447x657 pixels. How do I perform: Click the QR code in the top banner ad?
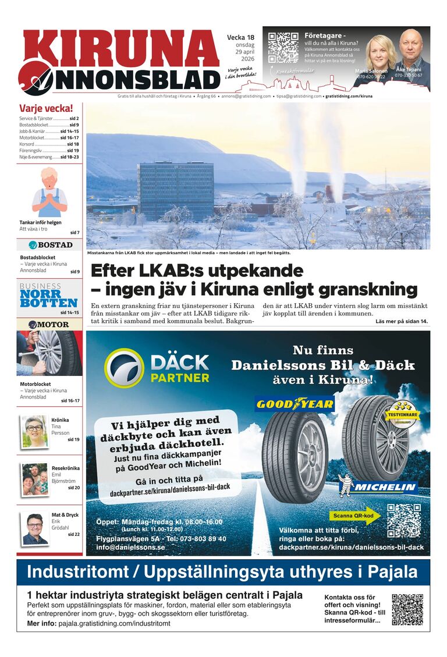[x=283, y=48]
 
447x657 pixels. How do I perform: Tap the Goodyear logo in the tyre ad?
[x=295, y=403]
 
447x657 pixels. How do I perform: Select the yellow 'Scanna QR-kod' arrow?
[x=356, y=516]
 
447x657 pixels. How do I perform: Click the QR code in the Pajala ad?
[x=407, y=609]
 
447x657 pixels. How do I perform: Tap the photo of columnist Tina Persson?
[x=34, y=431]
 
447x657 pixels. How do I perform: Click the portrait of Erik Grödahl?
[x=35, y=528]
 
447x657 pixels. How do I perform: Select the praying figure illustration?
[x=49, y=193]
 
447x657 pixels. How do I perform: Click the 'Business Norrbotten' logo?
[x=49, y=296]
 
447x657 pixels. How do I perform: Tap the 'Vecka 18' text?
[x=241, y=38]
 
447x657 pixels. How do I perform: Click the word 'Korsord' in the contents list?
[x=27, y=144]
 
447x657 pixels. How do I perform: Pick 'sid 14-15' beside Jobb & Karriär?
[x=69, y=131]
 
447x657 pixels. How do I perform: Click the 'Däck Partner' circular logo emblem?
[x=124, y=368]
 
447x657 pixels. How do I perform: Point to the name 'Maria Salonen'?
[x=371, y=71]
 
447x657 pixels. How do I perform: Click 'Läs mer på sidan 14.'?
[x=401, y=322]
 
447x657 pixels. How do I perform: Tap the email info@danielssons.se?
[x=130, y=548]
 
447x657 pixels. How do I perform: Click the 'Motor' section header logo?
[x=49, y=324]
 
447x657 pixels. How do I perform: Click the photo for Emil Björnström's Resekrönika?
[x=35, y=478]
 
